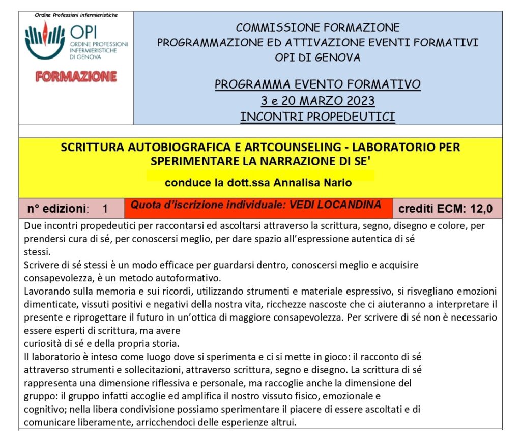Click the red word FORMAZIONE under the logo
click(76, 77)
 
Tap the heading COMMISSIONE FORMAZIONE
click(317, 27)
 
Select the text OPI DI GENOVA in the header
click(317, 57)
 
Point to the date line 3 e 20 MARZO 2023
click(317, 100)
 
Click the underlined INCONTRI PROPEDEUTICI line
click(317, 117)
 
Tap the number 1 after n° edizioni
click(105, 208)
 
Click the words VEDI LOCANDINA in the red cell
click(335, 205)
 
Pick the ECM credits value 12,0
click(481, 208)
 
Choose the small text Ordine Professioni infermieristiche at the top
click(76, 15)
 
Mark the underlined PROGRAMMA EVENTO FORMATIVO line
click(317, 84)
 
